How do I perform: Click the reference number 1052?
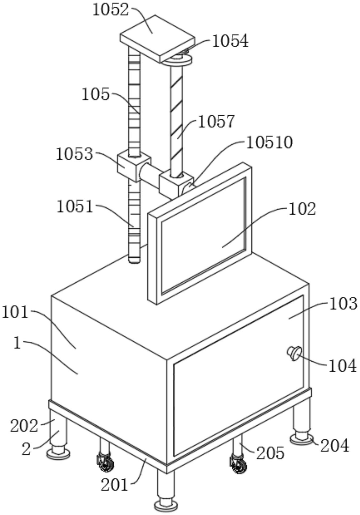[x=110, y=10]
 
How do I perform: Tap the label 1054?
[x=230, y=41]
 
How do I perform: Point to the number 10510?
[x=270, y=143]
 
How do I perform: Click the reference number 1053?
[x=75, y=154]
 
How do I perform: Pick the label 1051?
[x=75, y=207]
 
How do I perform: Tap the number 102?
[x=302, y=209]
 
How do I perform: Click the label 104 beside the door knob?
[x=342, y=366]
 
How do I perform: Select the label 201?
[x=114, y=485]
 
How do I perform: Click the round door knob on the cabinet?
[x=294, y=353]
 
